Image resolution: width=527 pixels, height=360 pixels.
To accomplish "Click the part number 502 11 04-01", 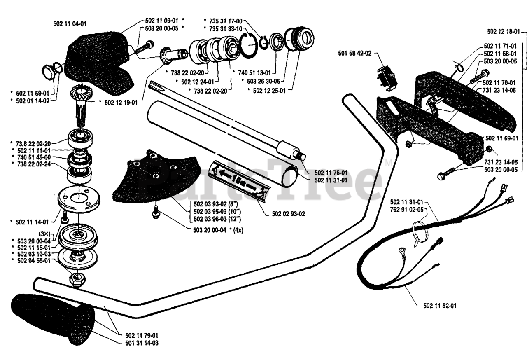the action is point(70,24).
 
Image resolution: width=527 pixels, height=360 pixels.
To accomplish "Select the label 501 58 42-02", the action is point(355,54).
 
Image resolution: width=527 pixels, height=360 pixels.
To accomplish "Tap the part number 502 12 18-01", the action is point(504,32).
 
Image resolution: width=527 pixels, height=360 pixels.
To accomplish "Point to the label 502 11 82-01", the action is point(440,306).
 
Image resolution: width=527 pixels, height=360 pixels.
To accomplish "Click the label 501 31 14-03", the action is point(142,343).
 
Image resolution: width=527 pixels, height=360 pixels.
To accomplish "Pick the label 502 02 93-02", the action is point(289,214).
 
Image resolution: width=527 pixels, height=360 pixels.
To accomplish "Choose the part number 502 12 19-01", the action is point(121,103).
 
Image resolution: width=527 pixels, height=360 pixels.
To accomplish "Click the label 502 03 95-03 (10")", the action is point(217,212).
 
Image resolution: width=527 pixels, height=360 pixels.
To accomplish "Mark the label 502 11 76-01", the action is point(331,173).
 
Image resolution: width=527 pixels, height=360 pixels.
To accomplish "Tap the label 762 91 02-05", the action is point(406,209).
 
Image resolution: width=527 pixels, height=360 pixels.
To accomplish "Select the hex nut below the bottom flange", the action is point(77,280).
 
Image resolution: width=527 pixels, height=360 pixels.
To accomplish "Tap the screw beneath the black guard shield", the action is point(155,212).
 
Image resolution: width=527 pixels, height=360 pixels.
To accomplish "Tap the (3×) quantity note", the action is point(44,234).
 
